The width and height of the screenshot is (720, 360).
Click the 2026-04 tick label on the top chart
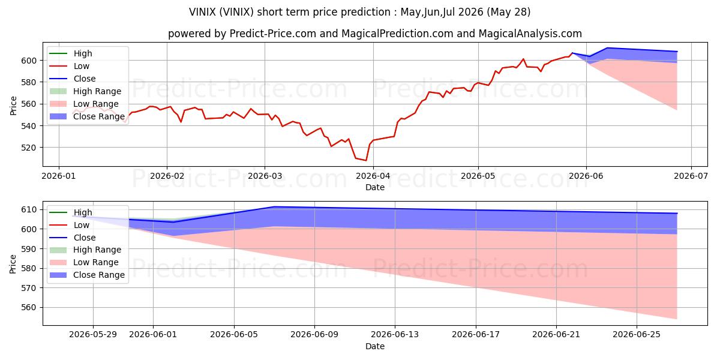click(373, 176)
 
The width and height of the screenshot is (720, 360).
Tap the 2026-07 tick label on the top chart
click(691, 176)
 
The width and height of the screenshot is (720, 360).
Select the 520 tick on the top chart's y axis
click(29, 148)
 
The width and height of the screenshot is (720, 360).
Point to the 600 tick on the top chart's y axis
click(29, 61)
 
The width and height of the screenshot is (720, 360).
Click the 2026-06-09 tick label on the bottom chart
click(314, 335)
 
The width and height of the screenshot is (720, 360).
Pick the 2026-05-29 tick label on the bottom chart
click(93, 335)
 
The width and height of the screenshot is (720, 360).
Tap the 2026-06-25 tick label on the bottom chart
click(637, 335)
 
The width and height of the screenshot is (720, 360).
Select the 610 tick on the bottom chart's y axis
click(29, 210)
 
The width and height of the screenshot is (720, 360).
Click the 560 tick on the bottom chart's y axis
click(29, 308)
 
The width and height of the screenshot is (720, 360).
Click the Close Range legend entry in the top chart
click(87, 116)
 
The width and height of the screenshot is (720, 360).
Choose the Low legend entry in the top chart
click(70, 66)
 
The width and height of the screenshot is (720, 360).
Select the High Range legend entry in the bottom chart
click(85, 250)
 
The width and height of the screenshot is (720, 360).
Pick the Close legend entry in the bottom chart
click(73, 238)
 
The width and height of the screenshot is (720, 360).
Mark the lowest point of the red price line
click(366, 160)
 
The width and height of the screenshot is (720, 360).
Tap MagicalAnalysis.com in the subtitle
click(530, 34)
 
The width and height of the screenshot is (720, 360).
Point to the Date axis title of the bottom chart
click(375, 346)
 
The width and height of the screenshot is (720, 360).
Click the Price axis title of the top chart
click(13, 106)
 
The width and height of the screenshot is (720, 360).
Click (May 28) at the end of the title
click(509, 12)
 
